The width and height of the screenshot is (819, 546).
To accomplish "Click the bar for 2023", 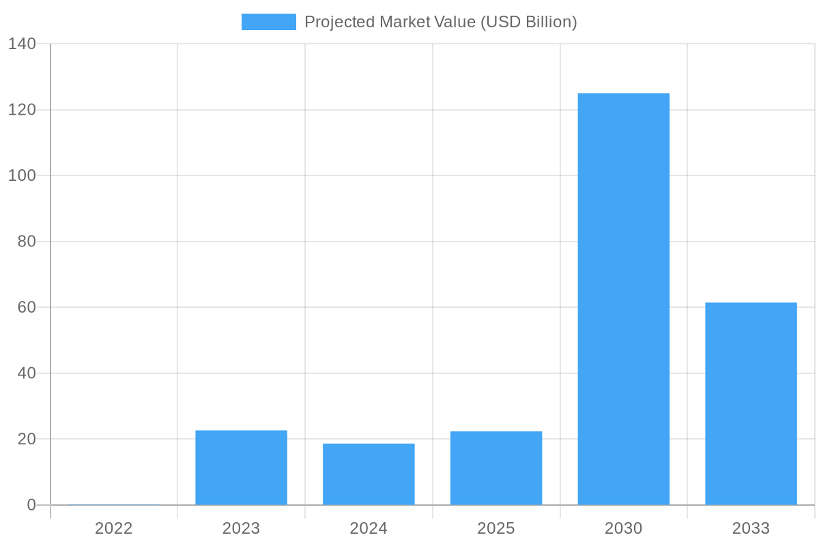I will [x=241, y=468].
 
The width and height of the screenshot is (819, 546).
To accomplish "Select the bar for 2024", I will [x=369, y=474].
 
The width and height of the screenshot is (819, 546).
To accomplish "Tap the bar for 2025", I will [x=496, y=468].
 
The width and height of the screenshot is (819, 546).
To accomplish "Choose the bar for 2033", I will [x=751, y=403].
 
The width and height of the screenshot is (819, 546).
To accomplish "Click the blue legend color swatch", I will [x=268, y=22].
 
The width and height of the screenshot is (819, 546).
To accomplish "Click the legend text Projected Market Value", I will [x=440, y=22].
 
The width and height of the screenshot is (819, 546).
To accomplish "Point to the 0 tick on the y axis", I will [x=31, y=505].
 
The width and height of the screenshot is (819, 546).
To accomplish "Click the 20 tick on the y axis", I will [x=27, y=439].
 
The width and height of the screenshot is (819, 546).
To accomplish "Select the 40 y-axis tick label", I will [x=27, y=373].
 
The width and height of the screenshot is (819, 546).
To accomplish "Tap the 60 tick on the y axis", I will [x=27, y=307].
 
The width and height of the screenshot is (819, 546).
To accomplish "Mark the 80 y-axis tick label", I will [x=27, y=242].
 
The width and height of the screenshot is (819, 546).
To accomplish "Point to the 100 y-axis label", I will [x=22, y=175].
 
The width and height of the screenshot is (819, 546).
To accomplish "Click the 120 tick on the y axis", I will [x=22, y=110].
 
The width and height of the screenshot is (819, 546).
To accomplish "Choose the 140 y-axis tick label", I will [x=22, y=44].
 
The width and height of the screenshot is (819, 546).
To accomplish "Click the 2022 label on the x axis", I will [x=114, y=528].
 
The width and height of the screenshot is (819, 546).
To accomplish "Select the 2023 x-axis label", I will [x=241, y=528].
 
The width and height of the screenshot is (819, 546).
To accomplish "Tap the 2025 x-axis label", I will [x=496, y=528].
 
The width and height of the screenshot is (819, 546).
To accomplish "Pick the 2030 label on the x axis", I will [x=623, y=528].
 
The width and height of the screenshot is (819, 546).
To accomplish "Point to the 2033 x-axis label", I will [x=751, y=528].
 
